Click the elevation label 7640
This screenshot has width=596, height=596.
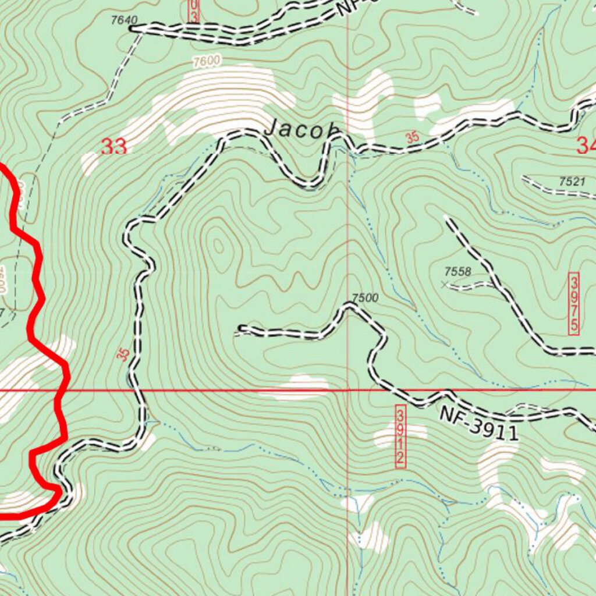(123, 20)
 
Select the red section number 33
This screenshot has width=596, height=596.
(113, 147)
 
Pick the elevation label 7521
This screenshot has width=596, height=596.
(572, 182)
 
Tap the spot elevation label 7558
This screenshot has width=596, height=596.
(457, 271)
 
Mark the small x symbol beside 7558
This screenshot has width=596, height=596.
(445, 285)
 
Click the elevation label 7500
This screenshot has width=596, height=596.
(366, 298)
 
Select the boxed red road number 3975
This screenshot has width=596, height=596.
(574, 303)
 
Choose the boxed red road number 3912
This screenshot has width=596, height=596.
(400, 437)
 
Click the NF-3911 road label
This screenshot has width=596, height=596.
(478, 423)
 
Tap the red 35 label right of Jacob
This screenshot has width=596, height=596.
(413, 138)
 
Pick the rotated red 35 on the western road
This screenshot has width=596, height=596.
(123, 354)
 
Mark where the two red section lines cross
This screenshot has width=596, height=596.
(348, 390)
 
